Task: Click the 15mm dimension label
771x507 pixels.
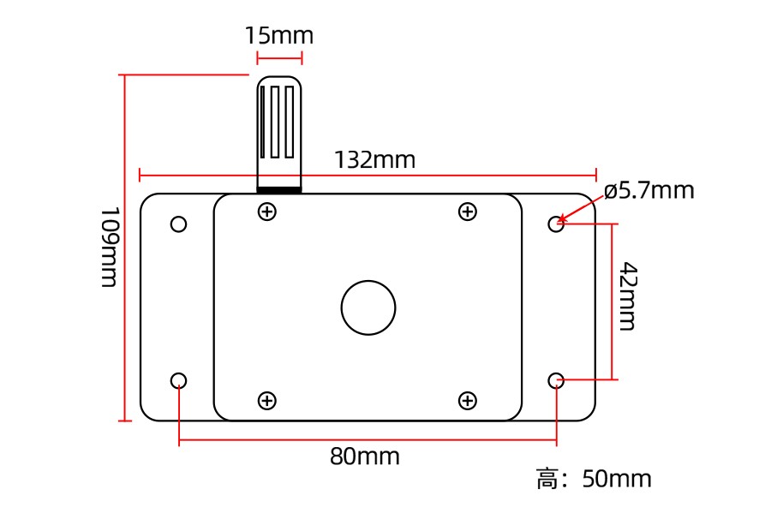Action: [278, 36]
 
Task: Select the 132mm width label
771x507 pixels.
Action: [374, 160]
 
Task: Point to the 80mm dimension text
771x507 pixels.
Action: [364, 456]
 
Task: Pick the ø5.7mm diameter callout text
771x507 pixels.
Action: [648, 190]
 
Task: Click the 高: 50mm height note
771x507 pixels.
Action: [594, 479]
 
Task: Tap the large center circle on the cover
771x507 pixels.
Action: [368, 307]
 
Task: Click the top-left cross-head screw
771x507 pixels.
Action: [267, 212]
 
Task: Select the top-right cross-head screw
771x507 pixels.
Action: [467, 212]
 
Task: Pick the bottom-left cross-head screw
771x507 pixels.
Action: [267, 400]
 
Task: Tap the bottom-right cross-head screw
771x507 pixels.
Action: [467, 400]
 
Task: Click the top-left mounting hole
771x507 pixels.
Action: [178, 224]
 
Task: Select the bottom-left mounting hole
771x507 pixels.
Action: [178, 380]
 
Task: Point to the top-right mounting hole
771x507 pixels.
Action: [556, 224]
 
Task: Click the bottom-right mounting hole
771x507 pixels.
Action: [556, 380]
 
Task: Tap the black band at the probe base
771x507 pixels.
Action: [279, 189]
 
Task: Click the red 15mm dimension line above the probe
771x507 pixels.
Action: [279, 58]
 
